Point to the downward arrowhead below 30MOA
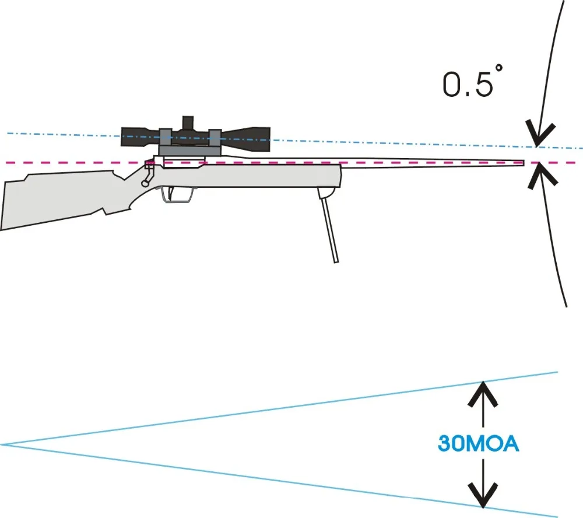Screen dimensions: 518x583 tap(483, 495)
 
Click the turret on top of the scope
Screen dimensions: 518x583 tap(188, 122)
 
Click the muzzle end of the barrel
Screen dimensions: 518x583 tap(522, 163)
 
